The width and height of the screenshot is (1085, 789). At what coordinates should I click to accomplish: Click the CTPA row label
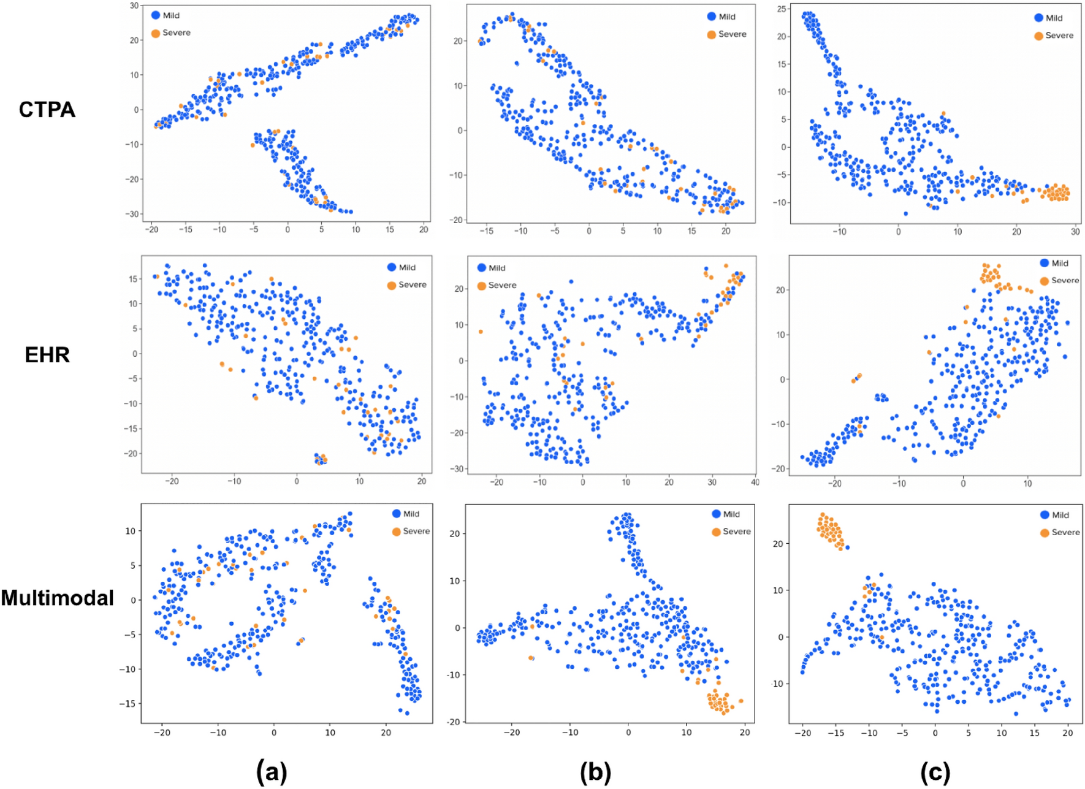47,110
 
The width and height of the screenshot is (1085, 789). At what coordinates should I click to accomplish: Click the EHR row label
47,355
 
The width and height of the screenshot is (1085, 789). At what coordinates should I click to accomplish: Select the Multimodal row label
57,598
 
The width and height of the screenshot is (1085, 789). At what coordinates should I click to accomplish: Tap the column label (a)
272,771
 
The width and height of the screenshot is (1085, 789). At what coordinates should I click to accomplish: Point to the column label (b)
595,772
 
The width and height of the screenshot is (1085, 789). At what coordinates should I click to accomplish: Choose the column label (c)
935,772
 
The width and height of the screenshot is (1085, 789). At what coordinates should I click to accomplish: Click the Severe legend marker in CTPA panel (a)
156,33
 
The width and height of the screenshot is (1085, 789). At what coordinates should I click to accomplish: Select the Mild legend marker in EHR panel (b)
482,268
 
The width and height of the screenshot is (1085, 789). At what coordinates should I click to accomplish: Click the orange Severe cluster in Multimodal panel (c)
830,530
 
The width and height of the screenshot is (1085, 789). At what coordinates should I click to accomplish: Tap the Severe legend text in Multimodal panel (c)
1065,532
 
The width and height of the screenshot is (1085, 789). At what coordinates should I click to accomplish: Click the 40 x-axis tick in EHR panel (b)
755,482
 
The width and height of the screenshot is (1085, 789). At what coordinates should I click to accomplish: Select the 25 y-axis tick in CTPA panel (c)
782,9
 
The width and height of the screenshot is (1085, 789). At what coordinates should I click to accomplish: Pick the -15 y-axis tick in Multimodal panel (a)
128,704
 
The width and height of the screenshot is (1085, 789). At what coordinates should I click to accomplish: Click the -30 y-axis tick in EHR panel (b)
457,469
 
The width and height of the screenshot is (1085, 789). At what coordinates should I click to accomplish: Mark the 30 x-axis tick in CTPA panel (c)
1075,232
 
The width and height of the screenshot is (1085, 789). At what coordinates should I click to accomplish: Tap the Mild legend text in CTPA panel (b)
727,17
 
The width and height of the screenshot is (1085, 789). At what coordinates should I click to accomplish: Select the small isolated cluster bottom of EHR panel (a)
321,459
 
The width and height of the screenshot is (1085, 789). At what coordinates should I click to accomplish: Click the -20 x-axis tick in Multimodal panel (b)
512,732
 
